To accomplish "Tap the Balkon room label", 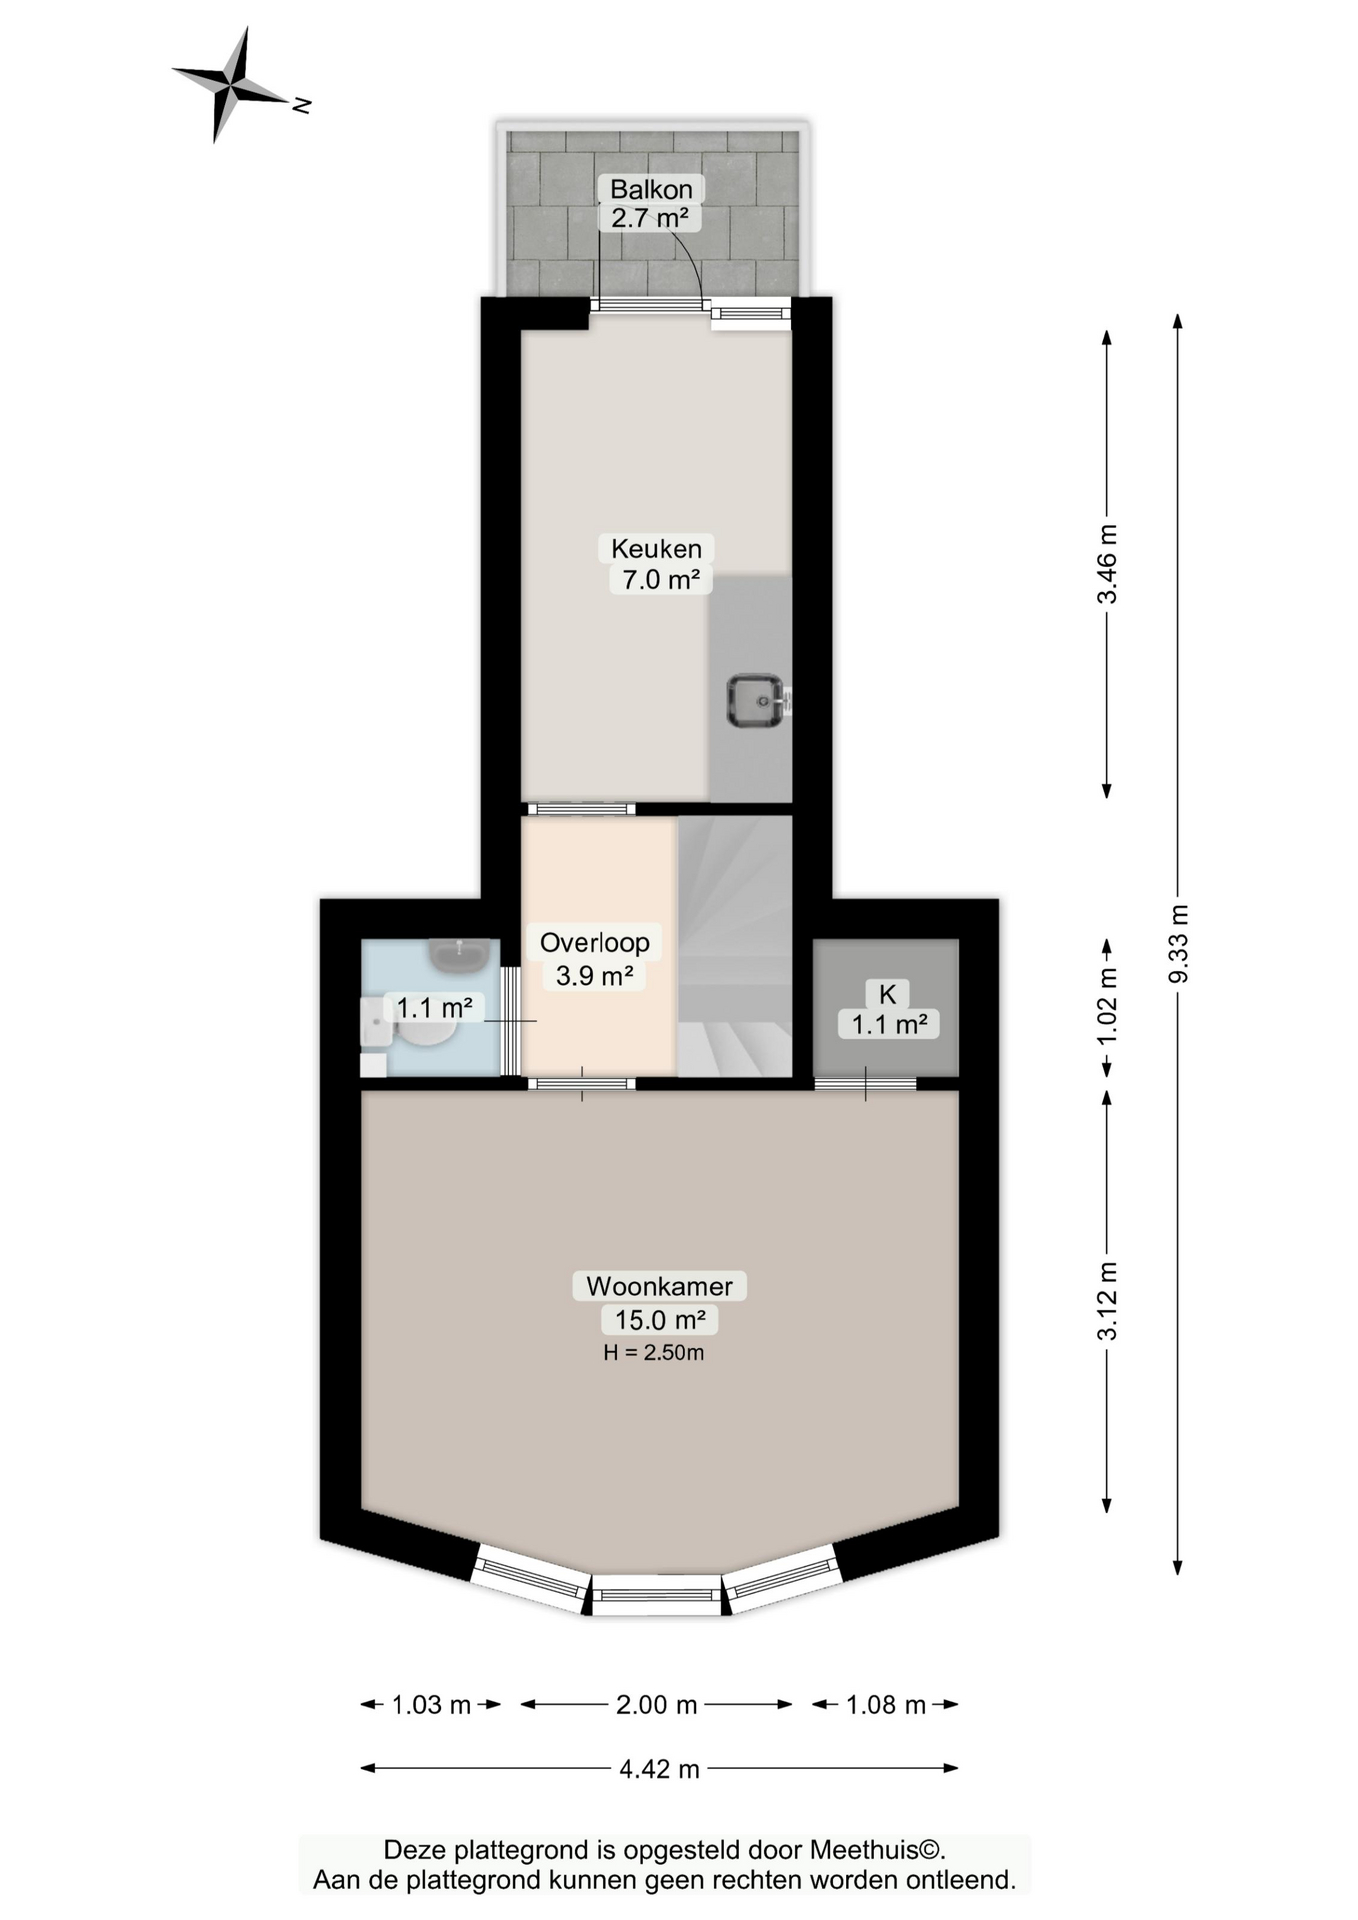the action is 651,189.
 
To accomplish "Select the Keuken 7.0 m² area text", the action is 660,579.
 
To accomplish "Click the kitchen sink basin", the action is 756,701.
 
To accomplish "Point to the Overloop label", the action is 595,942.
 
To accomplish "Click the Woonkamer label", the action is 659,1286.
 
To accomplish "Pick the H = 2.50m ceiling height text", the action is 654,1353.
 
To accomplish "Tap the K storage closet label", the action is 888,994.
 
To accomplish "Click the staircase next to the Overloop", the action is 735,946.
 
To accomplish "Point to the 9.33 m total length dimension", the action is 1178,944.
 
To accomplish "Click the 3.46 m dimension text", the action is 1107,565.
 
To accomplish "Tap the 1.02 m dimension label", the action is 1107,1007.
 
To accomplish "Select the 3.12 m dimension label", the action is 1107,1301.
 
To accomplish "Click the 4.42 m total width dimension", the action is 659,1768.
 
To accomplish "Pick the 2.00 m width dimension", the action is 656,1704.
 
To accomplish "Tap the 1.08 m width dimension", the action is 886,1704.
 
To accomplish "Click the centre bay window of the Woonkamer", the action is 656,1594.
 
